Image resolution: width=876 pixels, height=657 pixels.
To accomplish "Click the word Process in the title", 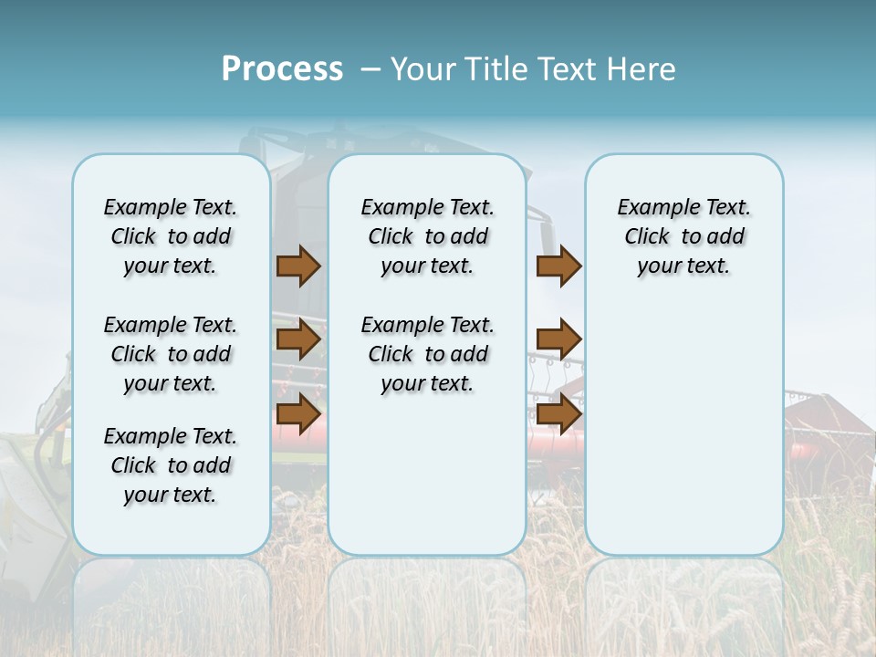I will click(x=282, y=69).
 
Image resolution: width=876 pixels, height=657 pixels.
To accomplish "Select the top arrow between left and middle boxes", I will click(x=298, y=266).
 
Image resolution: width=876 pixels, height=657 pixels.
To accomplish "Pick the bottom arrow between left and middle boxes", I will click(x=298, y=414).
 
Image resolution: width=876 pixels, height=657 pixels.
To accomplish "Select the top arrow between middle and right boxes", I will click(x=558, y=266).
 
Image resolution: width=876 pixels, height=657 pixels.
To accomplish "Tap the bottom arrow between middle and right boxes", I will click(x=558, y=414).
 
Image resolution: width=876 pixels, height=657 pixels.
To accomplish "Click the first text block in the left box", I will click(x=171, y=236).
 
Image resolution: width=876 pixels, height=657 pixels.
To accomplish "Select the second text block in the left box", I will click(x=171, y=354).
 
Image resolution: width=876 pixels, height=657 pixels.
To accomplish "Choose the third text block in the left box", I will click(x=171, y=465).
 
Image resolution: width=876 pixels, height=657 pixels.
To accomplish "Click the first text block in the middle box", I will click(x=427, y=236).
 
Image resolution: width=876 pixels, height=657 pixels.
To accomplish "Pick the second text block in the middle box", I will click(x=427, y=354).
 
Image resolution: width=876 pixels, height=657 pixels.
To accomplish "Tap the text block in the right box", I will click(x=683, y=236).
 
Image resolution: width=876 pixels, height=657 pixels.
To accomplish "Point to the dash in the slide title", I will click(x=370, y=69).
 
